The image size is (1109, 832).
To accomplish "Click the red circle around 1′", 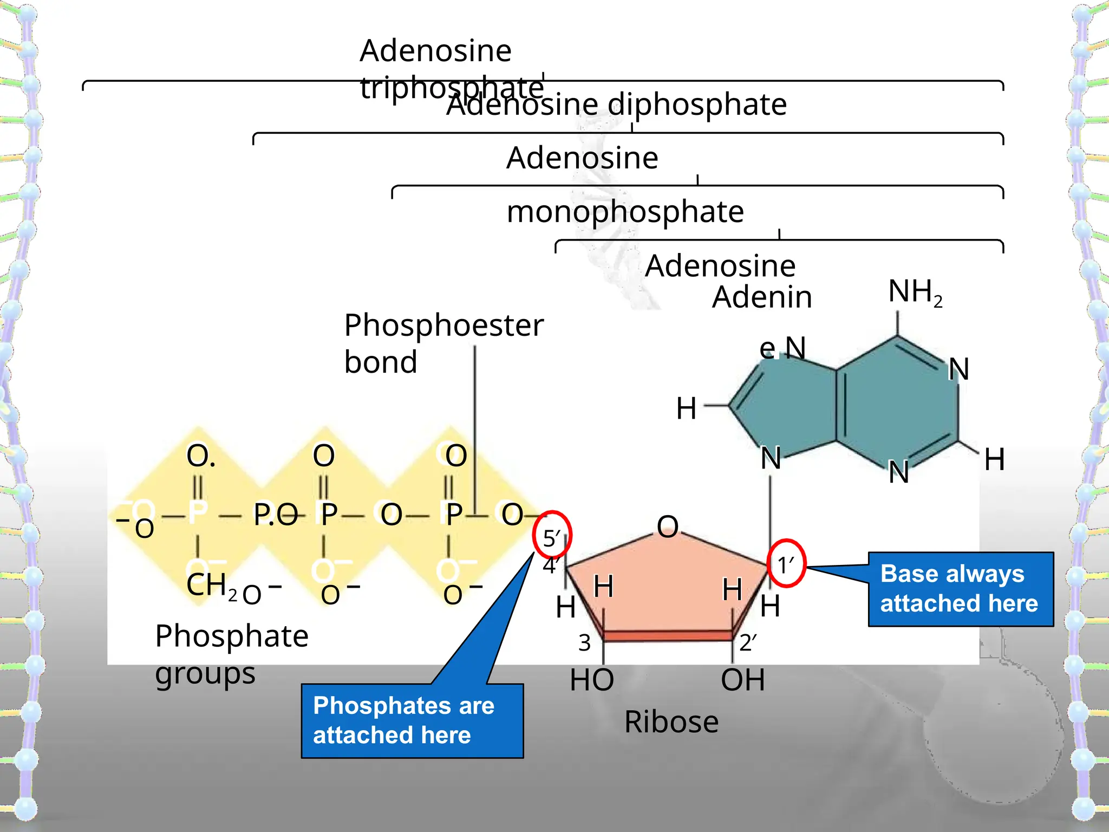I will (787, 564).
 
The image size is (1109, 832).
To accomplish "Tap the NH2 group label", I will (915, 292).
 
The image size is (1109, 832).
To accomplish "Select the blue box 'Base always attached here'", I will (961, 589).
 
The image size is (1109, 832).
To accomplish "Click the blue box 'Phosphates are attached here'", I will (412, 720).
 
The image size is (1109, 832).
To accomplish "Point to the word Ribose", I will (671, 722).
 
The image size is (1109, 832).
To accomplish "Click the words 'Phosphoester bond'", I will (443, 343).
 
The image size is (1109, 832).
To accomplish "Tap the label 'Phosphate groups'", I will (232, 654).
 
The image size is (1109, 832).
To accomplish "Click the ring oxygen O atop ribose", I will (668, 526).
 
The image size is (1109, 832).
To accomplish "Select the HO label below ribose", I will (592, 680).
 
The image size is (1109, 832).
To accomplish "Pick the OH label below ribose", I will (743, 680).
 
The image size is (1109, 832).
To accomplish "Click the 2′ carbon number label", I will (748, 643).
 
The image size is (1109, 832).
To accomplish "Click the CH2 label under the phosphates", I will (211, 586).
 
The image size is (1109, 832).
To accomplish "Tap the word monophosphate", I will (625, 211).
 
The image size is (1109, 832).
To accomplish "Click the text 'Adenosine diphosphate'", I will (616, 104).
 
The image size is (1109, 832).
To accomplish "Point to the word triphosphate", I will (452, 87).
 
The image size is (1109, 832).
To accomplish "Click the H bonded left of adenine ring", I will (686, 408).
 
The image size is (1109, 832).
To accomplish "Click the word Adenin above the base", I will (762, 297).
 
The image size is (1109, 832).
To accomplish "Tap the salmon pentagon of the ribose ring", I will (667, 585).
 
